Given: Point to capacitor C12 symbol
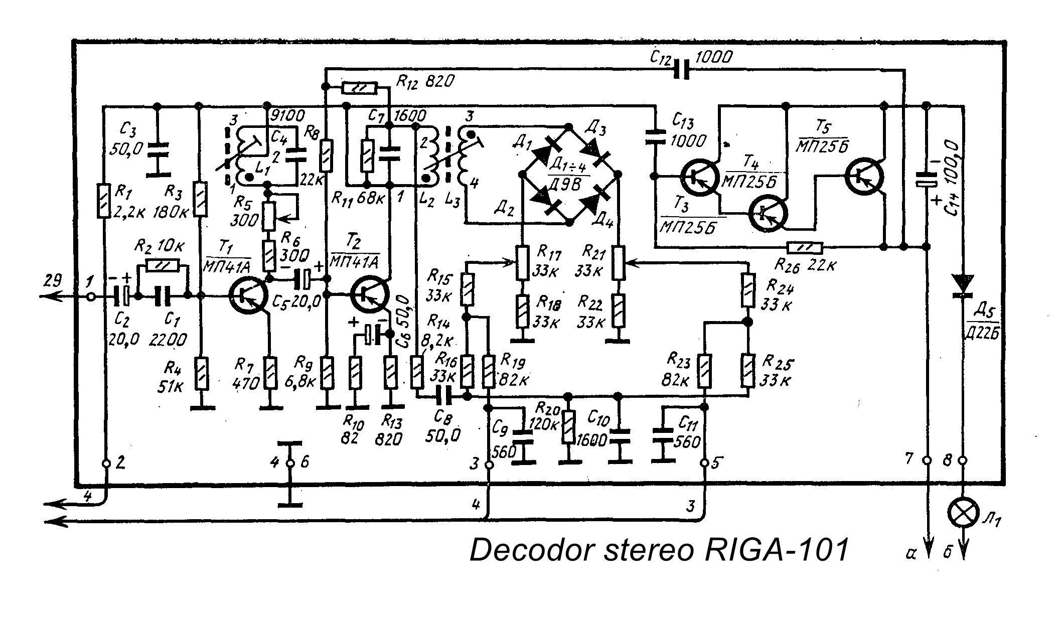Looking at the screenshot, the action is pos(681,68).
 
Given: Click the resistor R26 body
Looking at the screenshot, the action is pos(805,247).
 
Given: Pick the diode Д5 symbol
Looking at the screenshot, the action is pos(963,286).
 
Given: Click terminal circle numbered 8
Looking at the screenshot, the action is pos(963,459).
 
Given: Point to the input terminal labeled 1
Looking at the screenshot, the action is pos(91,296).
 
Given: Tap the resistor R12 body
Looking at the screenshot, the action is pos(359,88).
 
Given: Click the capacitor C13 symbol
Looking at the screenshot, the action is pos(655,138).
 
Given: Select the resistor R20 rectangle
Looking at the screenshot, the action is pos(568,427).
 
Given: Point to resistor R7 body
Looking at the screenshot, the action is pos(270,372).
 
